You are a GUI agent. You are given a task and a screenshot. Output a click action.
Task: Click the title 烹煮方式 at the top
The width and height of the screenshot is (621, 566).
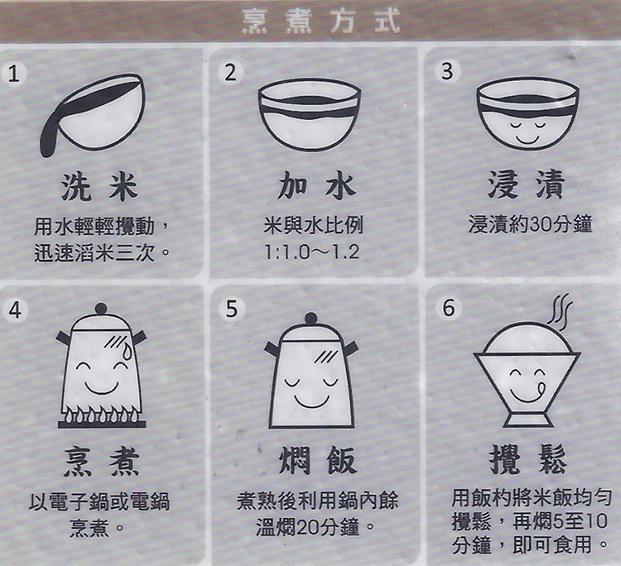(x=320, y=21)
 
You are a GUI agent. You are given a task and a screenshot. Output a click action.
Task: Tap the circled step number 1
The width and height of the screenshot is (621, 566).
(x=14, y=74)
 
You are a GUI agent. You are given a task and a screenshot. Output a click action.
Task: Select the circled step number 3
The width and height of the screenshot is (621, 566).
(x=447, y=72)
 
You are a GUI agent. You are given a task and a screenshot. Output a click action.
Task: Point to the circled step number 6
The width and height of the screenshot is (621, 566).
(x=449, y=308)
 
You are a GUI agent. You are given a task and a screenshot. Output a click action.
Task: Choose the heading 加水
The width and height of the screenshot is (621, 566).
(x=316, y=186)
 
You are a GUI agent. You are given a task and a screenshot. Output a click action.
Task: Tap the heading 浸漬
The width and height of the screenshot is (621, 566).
(x=527, y=185)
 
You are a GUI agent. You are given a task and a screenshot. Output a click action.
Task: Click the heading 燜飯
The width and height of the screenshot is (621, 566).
(x=318, y=460)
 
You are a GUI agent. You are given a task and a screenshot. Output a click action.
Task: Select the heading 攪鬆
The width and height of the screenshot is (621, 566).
(x=528, y=459)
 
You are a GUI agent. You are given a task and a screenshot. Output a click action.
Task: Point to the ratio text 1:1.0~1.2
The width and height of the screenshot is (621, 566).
(x=312, y=252)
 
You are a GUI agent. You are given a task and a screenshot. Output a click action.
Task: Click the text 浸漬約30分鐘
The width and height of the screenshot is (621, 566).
(x=530, y=224)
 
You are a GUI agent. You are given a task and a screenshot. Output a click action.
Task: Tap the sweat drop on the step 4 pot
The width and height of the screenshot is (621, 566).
(x=127, y=351)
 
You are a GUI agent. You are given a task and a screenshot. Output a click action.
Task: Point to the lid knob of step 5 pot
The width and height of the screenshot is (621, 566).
(x=310, y=319)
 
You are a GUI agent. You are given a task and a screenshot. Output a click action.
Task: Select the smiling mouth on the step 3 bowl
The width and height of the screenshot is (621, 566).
(x=527, y=139)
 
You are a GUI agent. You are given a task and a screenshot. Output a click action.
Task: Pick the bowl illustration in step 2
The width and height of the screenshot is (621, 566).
(x=310, y=114)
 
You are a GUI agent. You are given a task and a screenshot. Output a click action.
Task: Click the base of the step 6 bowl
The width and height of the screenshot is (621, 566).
(x=528, y=420)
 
